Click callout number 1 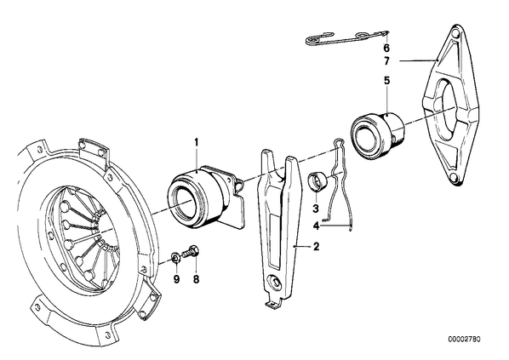point(196,142)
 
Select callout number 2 point(316,247)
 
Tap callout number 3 point(316,209)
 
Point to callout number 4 point(317,226)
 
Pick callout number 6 point(386,48)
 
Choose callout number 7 point(386,61)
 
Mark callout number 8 point(196,279)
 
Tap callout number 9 point(176,279)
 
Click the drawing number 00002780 point(464,340)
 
